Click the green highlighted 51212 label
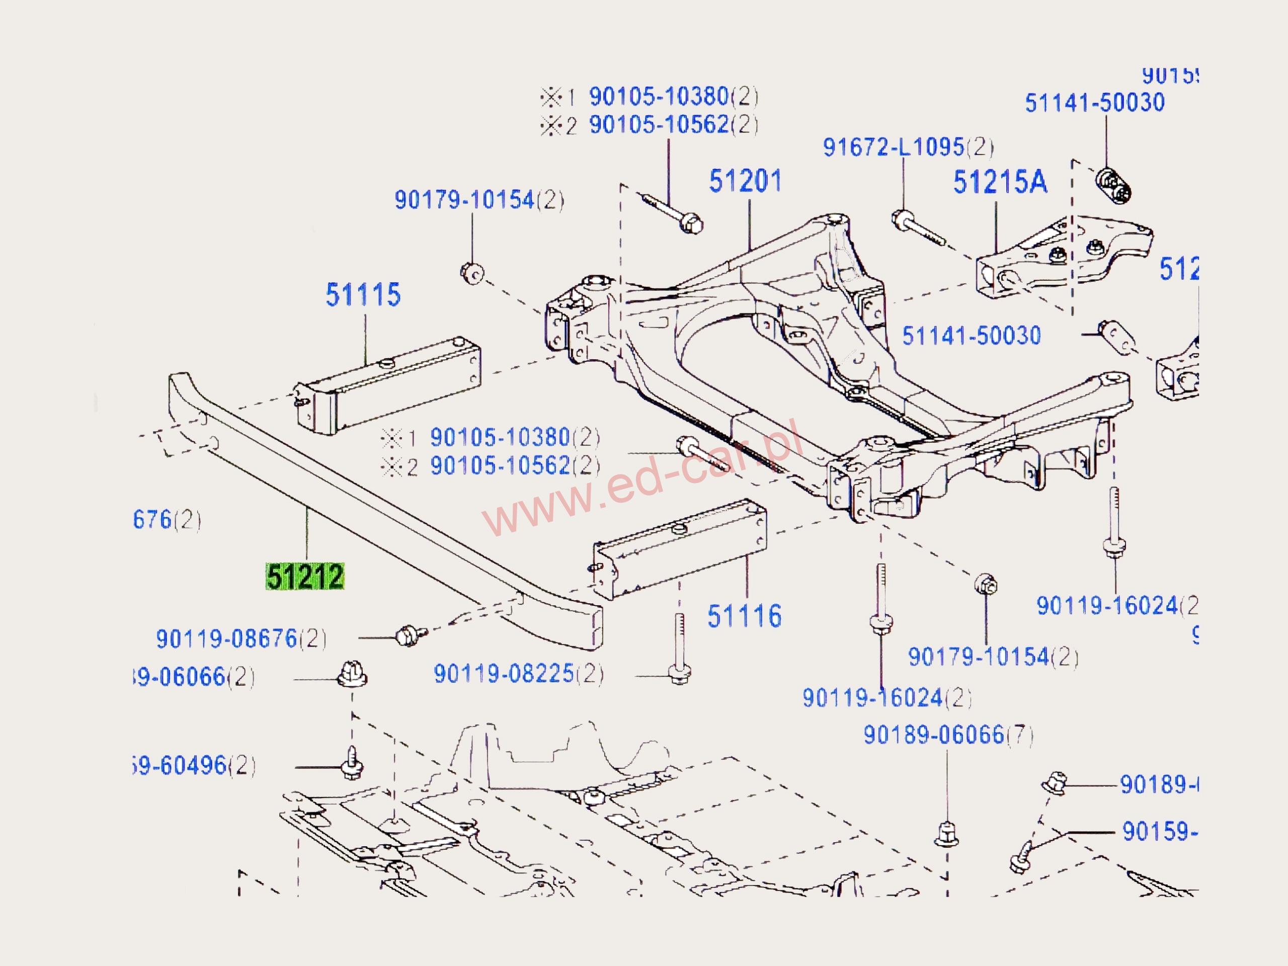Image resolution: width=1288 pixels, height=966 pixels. [x=305, y=577]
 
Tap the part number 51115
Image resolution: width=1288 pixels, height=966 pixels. [x=363, y=295]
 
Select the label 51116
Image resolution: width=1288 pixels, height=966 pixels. [x=744, y=616]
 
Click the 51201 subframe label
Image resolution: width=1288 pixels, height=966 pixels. [x=745, y=181]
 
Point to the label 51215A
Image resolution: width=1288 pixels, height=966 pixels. [x=1000, y=182]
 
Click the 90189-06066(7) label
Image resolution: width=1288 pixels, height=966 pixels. [x=947, y=735]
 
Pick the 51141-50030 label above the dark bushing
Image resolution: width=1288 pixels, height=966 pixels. [x=1095, y=103]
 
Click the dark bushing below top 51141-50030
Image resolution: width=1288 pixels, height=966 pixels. [x=1113, y=185]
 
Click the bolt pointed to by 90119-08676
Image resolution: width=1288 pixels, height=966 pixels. [x=410, y=634]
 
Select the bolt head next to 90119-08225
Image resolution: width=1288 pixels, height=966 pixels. [x=680, y=675]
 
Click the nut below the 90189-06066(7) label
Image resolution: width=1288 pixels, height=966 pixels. [x=946, y=834]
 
